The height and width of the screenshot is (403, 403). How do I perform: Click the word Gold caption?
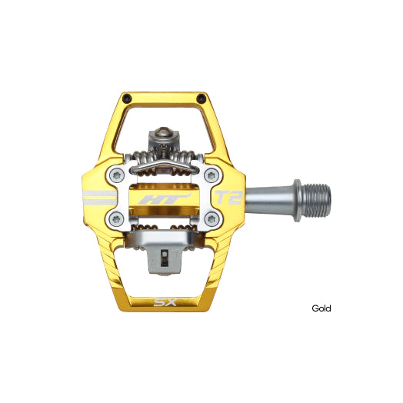(321, 308)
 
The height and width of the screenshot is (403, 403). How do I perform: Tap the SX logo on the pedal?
(166, 302)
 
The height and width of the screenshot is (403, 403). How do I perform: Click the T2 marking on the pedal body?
(228, 198)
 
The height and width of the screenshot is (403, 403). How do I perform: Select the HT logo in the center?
(165, 198)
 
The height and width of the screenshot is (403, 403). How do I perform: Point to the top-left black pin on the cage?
(127, 98)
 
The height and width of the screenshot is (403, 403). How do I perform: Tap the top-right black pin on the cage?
(201, 98)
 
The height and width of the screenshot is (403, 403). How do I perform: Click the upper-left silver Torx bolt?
(117, 175)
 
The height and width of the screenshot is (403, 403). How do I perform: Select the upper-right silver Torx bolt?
(211, 175)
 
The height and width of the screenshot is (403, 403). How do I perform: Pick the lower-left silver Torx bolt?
(116, 219)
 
